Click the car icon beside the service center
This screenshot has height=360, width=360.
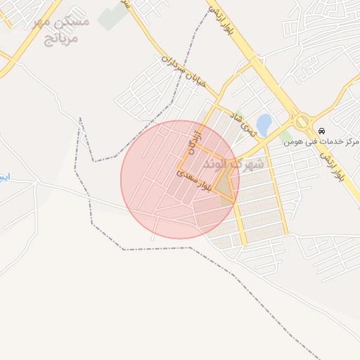click(x=321, y=131)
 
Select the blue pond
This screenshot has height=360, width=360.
click(x=264, y=124)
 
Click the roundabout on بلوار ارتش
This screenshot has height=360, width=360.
click(x=302, y=122)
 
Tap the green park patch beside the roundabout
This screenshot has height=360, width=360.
click(x=285, y=134)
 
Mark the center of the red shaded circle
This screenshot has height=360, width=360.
click(x=180, y=179)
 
